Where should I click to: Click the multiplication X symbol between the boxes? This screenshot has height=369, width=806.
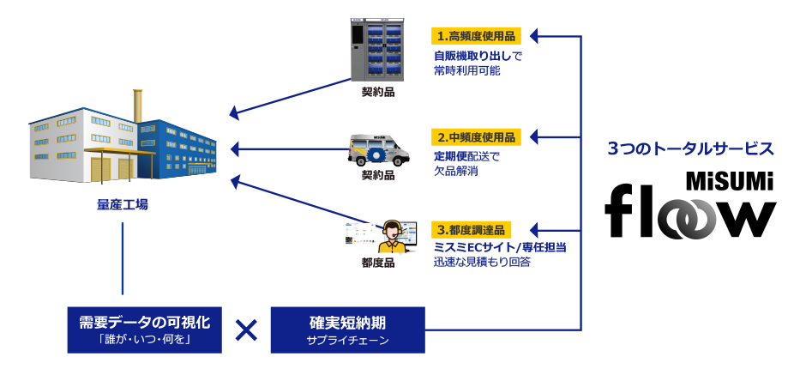[x=246, y=330]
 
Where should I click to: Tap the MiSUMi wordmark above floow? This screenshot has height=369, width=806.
[x=728, y=182]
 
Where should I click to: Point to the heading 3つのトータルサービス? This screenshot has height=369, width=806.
[x=690, y=148]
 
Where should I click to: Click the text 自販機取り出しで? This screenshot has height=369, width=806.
[x=478, y=56]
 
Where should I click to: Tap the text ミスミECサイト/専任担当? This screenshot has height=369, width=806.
[x=500, y=247]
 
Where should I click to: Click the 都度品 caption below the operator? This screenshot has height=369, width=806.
[x=377, y=263]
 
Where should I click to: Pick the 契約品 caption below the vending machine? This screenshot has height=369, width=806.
[x=377, y=92]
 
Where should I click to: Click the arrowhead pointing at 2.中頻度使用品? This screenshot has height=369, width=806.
[x=534, y=137]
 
